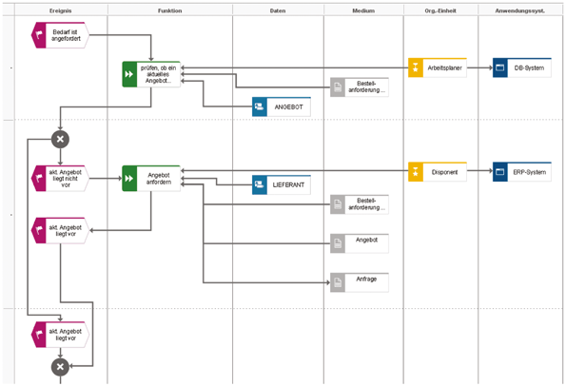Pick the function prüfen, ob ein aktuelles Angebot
(x=151, y=74)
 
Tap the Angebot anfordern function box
(x=151, y=178)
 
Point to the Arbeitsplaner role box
(x=438, y=68)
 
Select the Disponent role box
(x=438, y=172)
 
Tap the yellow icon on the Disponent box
(x=416, y=172)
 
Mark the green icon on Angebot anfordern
(x=130, y=178)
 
